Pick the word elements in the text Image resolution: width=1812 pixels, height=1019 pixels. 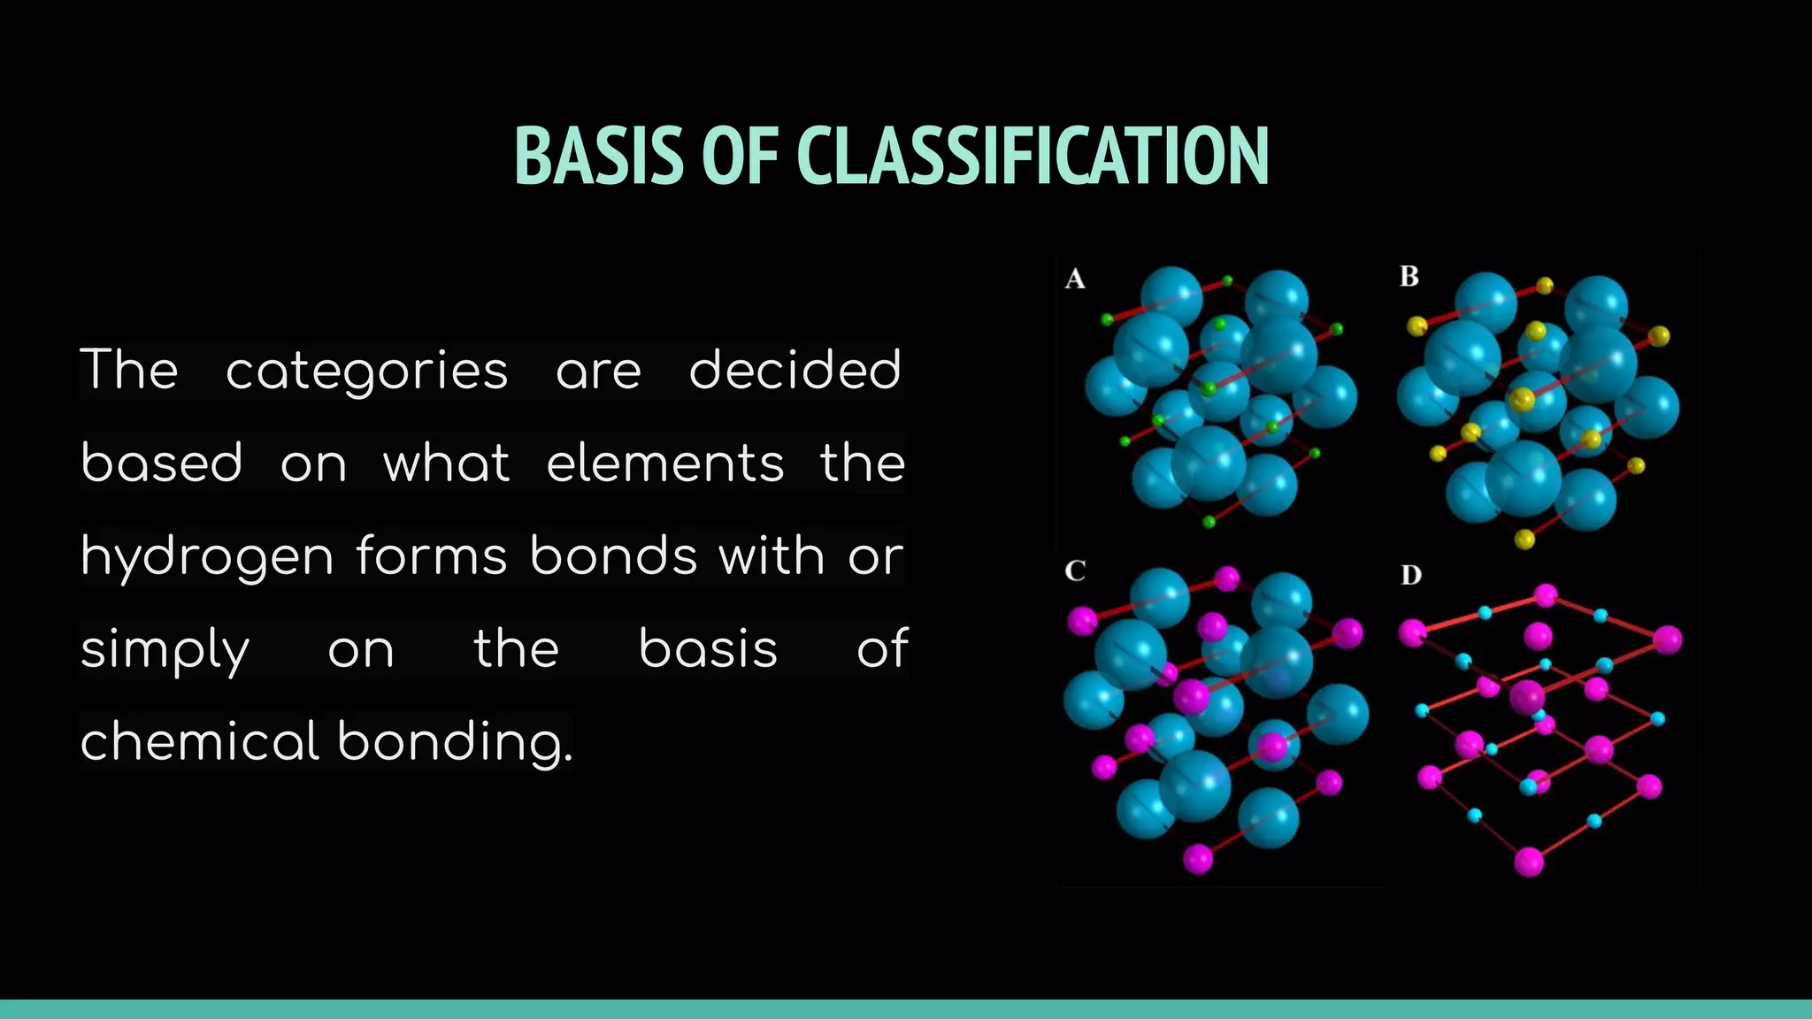(x=664, y=464)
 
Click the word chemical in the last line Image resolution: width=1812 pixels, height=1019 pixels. (x=199, y=741)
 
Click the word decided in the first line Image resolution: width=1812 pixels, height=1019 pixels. (x=795, y=370)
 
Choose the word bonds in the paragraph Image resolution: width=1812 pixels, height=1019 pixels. (x=613, y=556)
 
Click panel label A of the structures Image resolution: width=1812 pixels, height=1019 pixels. (x=1075, y=280)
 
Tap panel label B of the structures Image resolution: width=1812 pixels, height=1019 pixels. (x=1409, y=277)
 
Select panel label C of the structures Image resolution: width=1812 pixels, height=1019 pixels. (x=1075, y=571)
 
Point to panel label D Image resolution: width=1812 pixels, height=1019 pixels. (x=1411, y=576)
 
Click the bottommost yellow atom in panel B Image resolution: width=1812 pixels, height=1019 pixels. (x=1524, y=539)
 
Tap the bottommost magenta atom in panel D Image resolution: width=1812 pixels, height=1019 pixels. (x=1529, y=861)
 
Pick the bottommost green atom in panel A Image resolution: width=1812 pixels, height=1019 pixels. (x=1209, y=522)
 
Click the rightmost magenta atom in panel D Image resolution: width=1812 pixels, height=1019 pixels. (x=1666, y=640)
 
